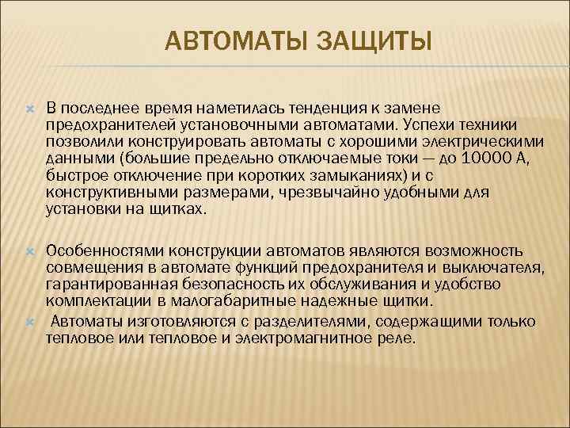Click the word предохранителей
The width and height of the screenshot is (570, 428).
[x=99, y=124]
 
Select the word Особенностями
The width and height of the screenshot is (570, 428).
[x=98, y=251]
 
